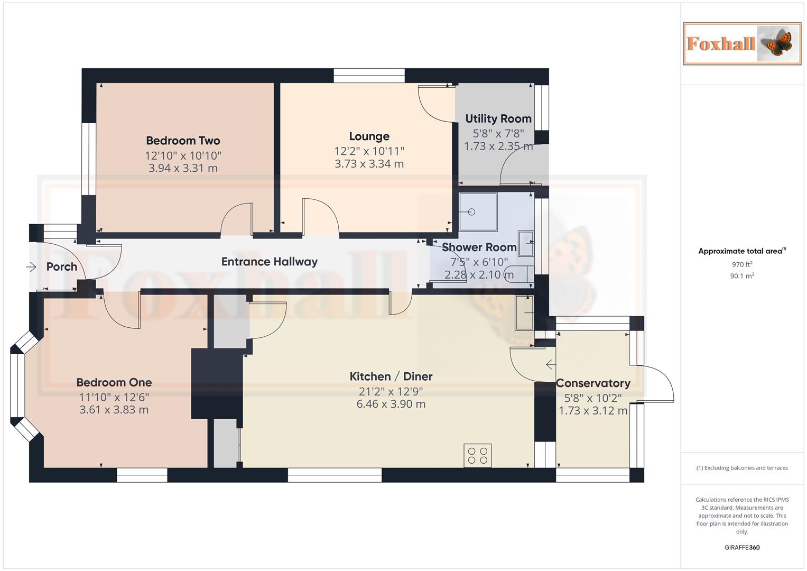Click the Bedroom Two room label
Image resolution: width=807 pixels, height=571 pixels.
tap(183, 141)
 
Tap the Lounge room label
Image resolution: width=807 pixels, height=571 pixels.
tap(369, 136)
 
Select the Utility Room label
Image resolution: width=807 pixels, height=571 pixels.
tap(498, 119)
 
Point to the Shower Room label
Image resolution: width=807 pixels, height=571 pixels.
tap(479, 247)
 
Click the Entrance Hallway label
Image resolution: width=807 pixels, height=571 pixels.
tap(269, 262)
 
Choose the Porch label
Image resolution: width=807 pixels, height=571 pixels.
tap(62, 267)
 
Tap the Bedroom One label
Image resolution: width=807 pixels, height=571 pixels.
tap(114, 382)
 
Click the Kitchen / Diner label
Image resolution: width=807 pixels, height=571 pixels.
tap(391, 376)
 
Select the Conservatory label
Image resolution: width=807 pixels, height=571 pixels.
tap(593, 383)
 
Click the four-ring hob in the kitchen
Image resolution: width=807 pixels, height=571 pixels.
tap(478, 456)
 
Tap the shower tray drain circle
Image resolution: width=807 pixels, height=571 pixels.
tap(471, 212)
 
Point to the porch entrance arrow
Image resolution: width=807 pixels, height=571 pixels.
tap(31, 267)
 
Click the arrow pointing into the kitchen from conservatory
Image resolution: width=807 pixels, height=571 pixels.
tap(550, 364)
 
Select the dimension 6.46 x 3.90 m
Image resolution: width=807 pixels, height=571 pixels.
tap(391, 404)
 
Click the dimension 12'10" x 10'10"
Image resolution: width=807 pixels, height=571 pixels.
tap(183, 156)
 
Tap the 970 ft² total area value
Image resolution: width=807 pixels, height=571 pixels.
tap(742, 264)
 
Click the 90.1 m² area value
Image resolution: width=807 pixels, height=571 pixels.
tap(742, 276)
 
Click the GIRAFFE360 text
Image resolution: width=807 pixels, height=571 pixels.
tap(742, 547)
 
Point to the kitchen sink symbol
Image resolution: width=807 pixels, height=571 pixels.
tap(524, 312)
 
